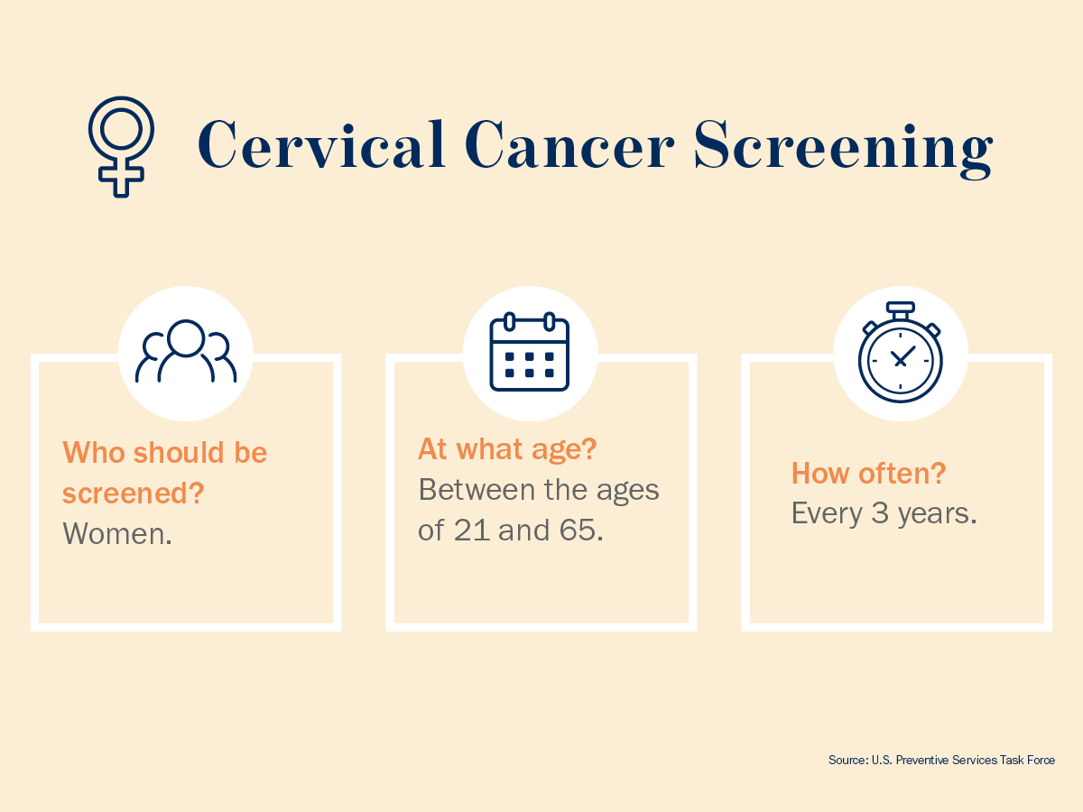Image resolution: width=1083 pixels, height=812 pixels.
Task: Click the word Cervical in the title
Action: point(321,145)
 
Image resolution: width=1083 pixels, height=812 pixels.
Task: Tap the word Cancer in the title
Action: point(569,145)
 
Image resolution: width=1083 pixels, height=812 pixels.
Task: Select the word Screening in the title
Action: point(843,149)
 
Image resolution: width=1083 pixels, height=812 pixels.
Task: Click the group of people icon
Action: point(186,351)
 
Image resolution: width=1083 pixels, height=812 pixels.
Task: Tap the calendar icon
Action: point(530,352)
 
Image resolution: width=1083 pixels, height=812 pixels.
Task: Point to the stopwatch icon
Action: point(901,352)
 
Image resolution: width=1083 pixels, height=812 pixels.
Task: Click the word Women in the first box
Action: point(115,533)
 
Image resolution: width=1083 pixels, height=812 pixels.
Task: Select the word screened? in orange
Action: point(134,493)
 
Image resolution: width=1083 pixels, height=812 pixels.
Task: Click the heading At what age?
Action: point(507,449)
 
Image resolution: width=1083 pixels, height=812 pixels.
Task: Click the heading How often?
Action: point(868,474)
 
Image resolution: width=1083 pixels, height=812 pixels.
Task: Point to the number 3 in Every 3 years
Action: point(880,513)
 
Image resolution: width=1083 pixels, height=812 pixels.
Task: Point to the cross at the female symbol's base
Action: point(121,177)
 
